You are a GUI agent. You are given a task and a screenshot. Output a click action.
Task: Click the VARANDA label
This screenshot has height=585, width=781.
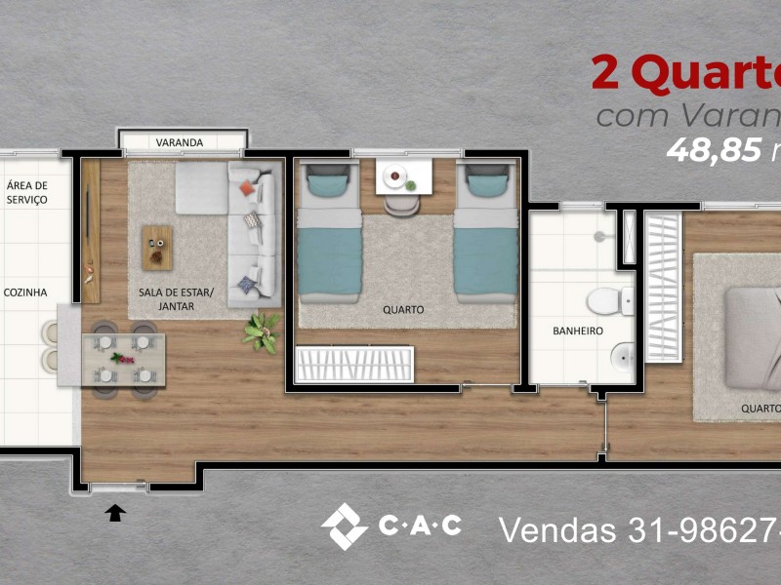point(180,142)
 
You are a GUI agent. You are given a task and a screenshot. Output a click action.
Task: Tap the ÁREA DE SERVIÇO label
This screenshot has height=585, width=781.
point(26,192)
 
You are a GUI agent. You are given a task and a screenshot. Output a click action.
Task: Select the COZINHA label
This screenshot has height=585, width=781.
point(25,292)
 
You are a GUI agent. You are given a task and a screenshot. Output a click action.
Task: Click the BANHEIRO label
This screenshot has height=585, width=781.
point(577,331)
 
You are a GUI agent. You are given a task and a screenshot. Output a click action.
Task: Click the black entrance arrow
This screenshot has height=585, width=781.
point(116,512)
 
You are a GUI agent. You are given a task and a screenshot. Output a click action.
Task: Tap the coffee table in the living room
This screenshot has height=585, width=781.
point(156,247)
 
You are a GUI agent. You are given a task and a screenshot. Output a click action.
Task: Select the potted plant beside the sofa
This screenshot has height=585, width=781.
point(261,331)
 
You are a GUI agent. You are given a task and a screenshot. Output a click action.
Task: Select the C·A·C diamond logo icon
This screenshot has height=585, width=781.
point(344,526)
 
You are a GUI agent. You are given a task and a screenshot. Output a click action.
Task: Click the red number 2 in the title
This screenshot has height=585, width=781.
point(610,73)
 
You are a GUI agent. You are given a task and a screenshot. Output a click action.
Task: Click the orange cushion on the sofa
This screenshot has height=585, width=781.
point(248,185)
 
